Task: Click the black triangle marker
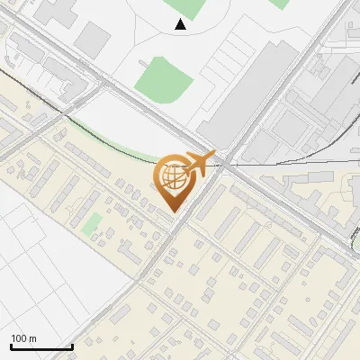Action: (x=181, y=24)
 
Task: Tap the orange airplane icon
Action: (x=199, y=163)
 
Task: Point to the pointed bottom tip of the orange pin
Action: (x=173, y=211)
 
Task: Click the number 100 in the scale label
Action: (x=19, y=338)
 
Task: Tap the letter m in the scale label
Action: (x=32, y=338)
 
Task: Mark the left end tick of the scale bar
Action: (x=10, y=346)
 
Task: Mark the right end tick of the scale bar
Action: (x=72, y=346)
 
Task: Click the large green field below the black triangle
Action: (x=165, y=78)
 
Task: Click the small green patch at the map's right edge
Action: (x=355, y=236)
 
